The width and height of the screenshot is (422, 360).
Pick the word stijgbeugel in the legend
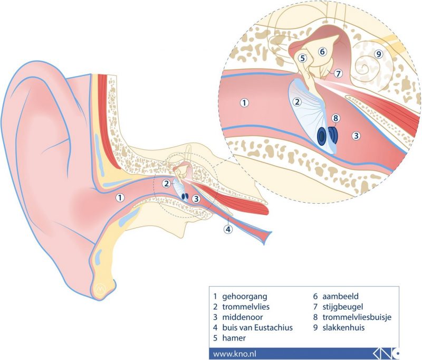pos(339,307)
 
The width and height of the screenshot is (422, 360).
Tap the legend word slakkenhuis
pos(340,328)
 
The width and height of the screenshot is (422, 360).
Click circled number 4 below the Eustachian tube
pos(227,229)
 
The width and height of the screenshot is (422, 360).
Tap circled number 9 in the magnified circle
pos(378,54)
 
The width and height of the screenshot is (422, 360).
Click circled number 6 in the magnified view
pos(323,51)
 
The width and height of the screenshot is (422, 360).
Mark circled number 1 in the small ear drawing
pos(120,198)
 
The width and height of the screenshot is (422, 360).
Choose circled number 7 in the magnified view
pos(338,73)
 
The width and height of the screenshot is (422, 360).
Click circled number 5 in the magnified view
pos(302,59)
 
